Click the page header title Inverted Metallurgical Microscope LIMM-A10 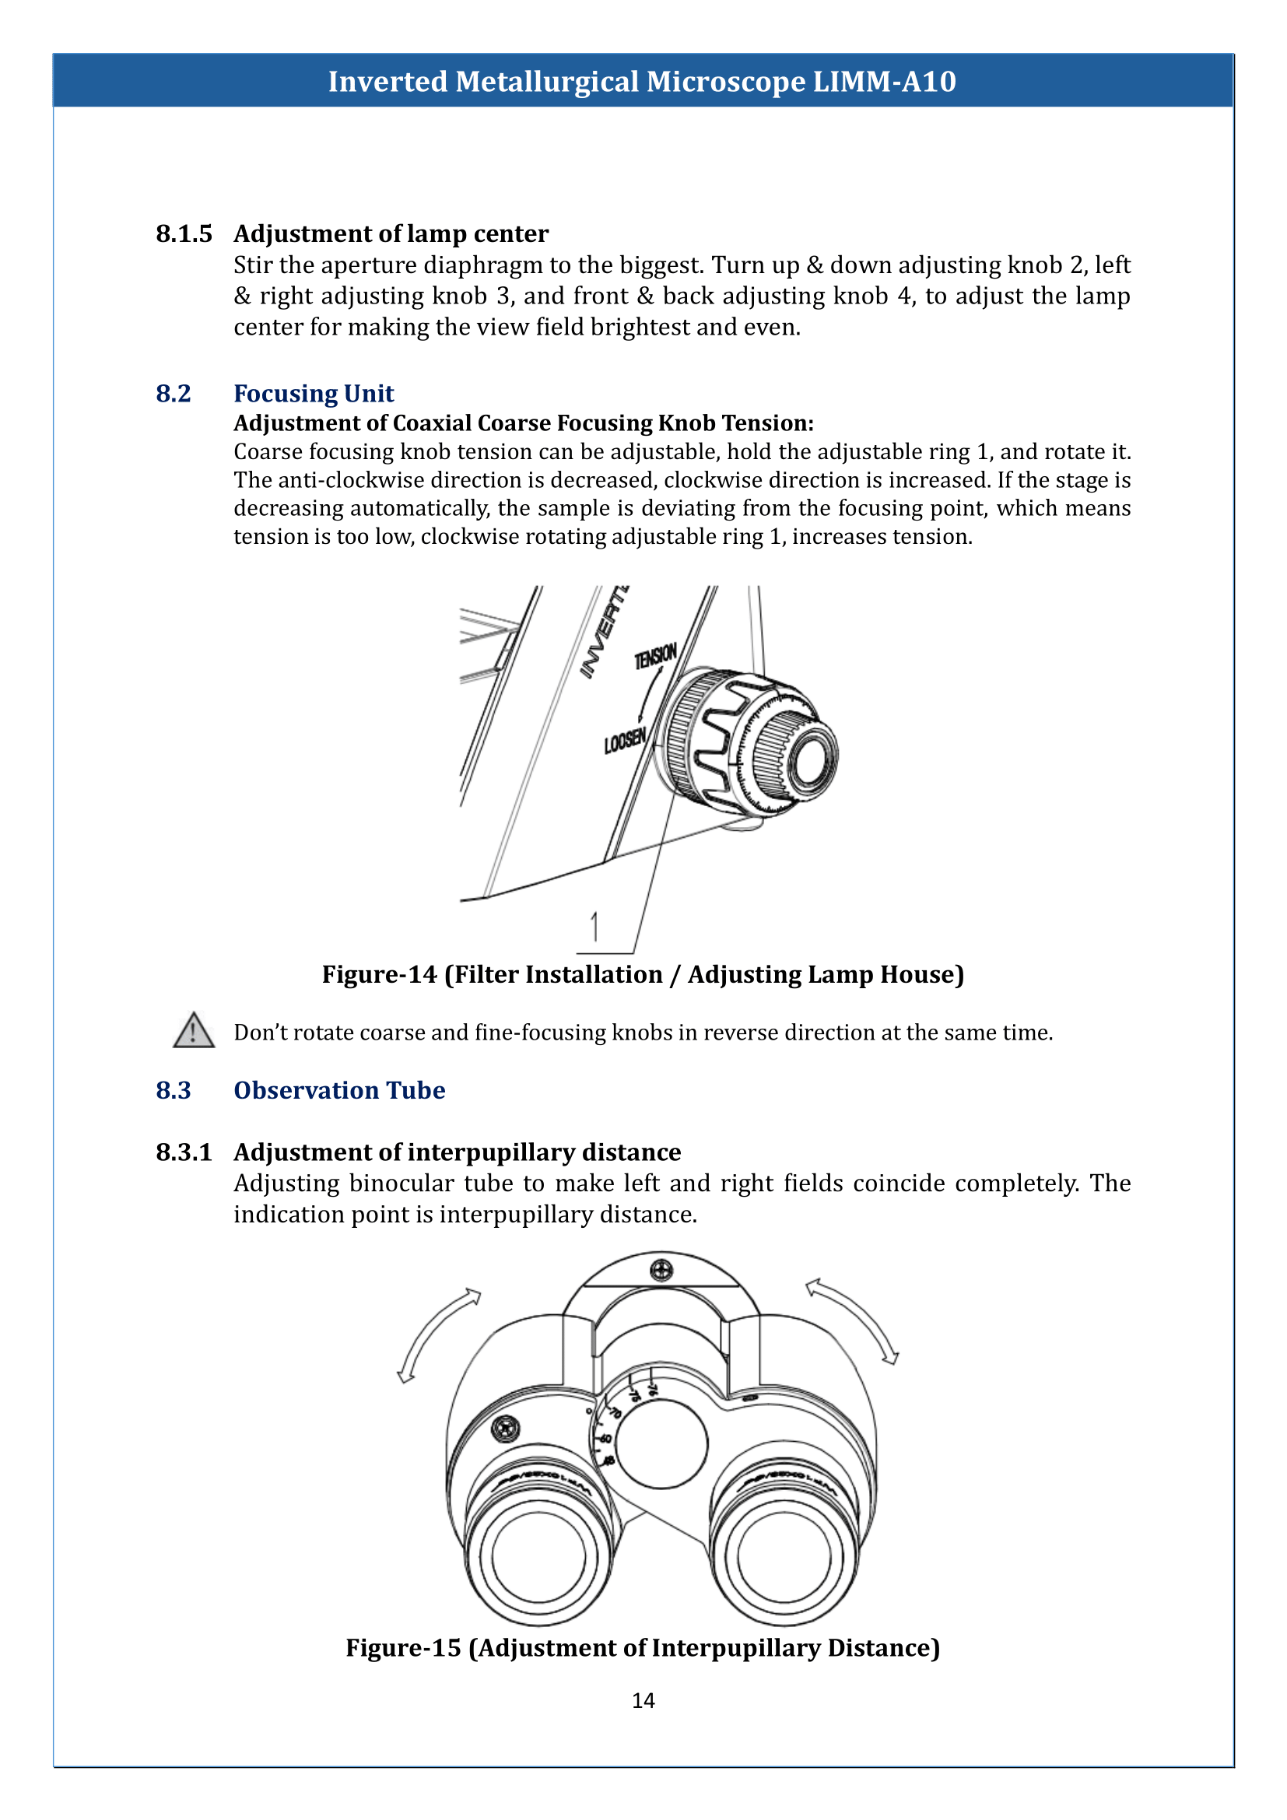pos(642,82)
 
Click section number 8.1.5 pos(184,234)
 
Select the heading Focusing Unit pos(313,393)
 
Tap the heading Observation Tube pos(339,1090)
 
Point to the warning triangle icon pos(194,1031)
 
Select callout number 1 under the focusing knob pos(594,926)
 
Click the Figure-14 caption pos(643,974)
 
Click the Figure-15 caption pos(643,1647)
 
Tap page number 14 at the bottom pos(643,1700)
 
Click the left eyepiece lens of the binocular pos(539,1555)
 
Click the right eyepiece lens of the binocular pos(784,1555)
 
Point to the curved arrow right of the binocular pos(854,1319)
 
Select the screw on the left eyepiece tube pos(506,1429)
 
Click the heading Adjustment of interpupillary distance pos(458,1152)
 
